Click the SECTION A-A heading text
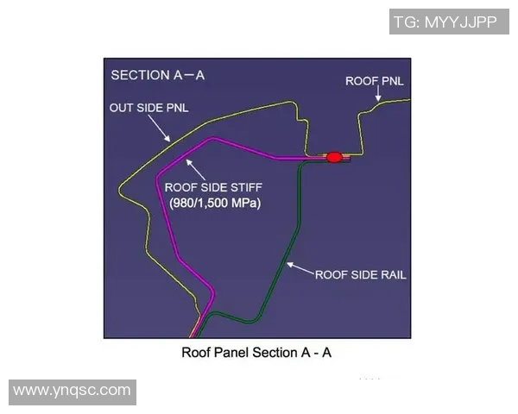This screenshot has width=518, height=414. (x=157, y=75)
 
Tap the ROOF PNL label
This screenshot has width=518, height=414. (x=375, y=81)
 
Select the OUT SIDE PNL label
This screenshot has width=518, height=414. (x=148, y=108)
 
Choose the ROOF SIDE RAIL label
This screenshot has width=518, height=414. (x=360, y=275)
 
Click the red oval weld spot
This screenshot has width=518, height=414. (x=333, y=157)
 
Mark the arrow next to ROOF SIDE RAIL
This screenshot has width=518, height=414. (x=299, y=269)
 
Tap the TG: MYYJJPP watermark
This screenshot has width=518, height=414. (x=445, y=22)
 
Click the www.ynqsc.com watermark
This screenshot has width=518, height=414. (x=73, y=391)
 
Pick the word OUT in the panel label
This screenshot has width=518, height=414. (x=122, y=108)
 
